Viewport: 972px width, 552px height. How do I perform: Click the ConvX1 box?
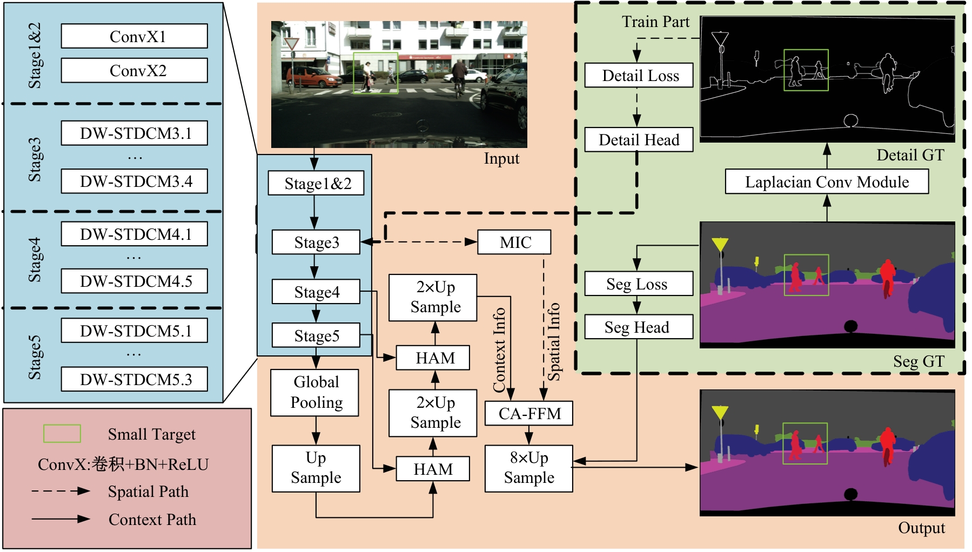(134, 36)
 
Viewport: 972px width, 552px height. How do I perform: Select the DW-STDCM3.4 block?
(134, 181)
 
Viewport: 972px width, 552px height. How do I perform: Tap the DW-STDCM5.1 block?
(134, 331)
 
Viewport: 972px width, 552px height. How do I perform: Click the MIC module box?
(514, 243)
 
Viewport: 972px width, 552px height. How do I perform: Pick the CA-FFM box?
(529, 414)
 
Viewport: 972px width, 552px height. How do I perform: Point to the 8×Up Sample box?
(528, 468)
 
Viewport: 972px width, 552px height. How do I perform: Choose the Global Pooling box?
(315, 393)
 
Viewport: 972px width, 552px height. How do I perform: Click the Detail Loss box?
(639, 76)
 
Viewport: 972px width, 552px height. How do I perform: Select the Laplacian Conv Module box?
(826, 182)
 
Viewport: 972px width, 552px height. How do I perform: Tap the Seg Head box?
(638, 327)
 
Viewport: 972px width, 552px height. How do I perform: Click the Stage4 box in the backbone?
(316, 292)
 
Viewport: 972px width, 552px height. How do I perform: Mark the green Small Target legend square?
(62, 434)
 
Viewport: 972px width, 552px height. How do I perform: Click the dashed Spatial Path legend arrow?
(61, 491)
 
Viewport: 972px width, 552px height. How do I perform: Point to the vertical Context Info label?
(499, 349)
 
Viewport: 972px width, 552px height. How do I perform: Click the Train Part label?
(655, 22)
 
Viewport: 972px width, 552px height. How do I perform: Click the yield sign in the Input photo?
(292, 44)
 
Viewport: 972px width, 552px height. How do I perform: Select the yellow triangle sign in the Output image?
(720, 413)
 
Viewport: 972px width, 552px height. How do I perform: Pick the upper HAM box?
(433, 358)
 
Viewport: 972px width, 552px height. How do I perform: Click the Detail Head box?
(639, 140)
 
